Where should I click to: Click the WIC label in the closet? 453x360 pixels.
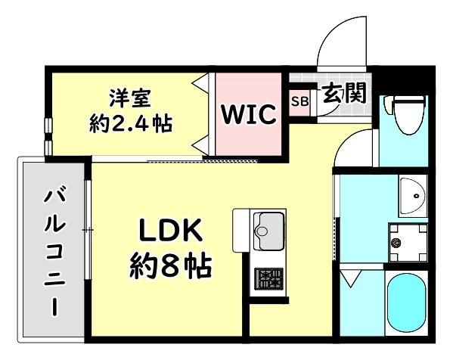[248, 114]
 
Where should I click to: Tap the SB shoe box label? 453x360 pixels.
[300, 101]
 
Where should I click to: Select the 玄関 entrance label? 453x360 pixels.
[344, 93]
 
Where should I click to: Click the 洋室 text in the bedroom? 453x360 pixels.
[130, 98]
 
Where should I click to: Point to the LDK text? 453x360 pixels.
[170, 230]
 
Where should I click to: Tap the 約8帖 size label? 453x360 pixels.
[170, 265]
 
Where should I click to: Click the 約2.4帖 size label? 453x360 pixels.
[131, 124]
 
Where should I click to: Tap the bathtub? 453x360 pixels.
[406, 303]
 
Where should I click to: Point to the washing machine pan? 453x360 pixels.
[408, 243]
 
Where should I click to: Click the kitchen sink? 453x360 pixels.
[268, 231]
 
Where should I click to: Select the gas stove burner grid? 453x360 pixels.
[268, 279]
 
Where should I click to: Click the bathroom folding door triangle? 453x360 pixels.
[349, 278]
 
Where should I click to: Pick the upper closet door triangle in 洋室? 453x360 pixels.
[200, 83]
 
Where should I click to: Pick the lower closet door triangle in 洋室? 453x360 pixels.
[200, 144]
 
